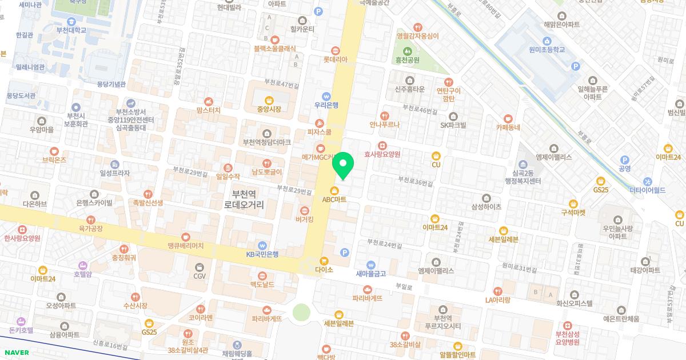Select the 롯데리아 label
click(336, 59)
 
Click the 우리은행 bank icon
click(326, 96)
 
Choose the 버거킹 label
click(304, 219)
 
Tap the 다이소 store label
click(324, 269)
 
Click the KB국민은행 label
click(262, 254)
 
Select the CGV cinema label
click(199, 276)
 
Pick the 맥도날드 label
click(262, 285)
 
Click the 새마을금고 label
click(371, 273)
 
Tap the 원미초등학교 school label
click(547, 50)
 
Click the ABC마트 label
click(334, 199)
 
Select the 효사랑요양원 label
click(382, 154)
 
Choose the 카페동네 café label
click(508, 127)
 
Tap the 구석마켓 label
click(573, 213)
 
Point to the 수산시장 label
click(135, 306)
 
